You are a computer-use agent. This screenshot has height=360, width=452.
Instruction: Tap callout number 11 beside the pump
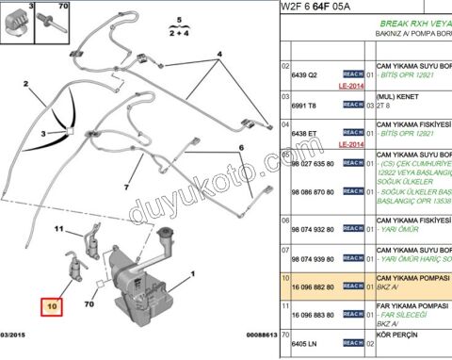point(58,228)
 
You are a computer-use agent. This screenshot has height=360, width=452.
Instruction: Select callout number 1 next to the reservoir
point(193,273)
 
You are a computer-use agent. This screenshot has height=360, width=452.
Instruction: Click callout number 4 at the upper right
point(220,54)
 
